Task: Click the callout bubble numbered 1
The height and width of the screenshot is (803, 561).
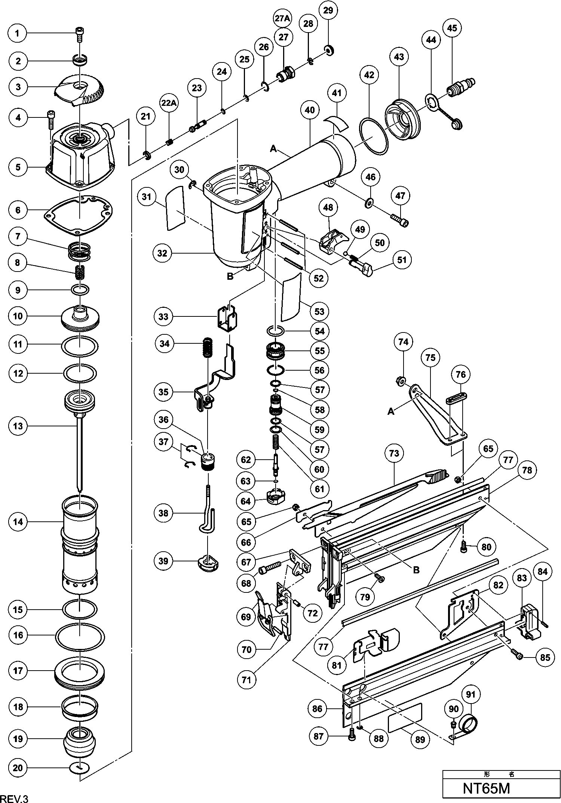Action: (x=17, y=33)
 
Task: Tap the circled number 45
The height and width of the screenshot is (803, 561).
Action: (x=452, y=28)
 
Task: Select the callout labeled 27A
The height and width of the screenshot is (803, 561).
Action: (x=283, y=18)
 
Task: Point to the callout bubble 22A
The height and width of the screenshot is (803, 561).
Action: (x=169, y=102)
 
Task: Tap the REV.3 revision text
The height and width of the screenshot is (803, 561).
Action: (x=15, y=797)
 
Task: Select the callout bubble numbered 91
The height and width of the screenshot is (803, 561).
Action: (x=471, y=695)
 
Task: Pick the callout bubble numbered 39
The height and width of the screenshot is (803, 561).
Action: (x=163, y=561)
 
